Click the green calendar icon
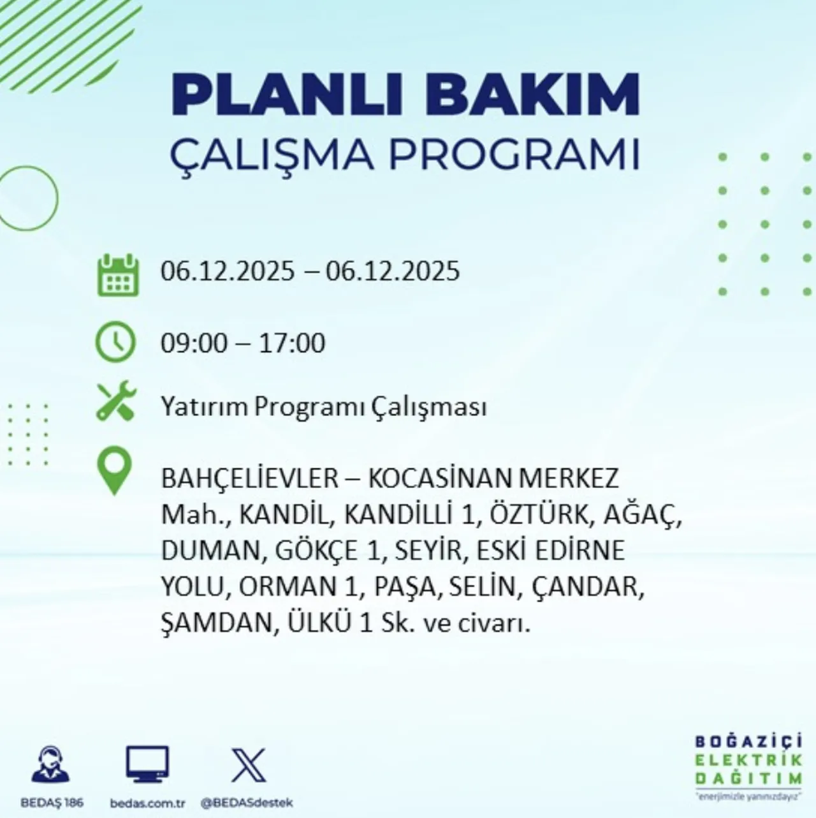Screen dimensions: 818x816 [118, 275]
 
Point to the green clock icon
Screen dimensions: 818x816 [115, 343]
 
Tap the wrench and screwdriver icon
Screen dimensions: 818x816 [116, 401]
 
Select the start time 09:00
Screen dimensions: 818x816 [194, 343]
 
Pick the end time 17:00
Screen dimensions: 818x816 [292, 343]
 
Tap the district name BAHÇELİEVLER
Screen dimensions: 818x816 [249, 478]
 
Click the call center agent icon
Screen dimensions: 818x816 [52, 765]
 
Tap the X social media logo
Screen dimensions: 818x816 [249, 765]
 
